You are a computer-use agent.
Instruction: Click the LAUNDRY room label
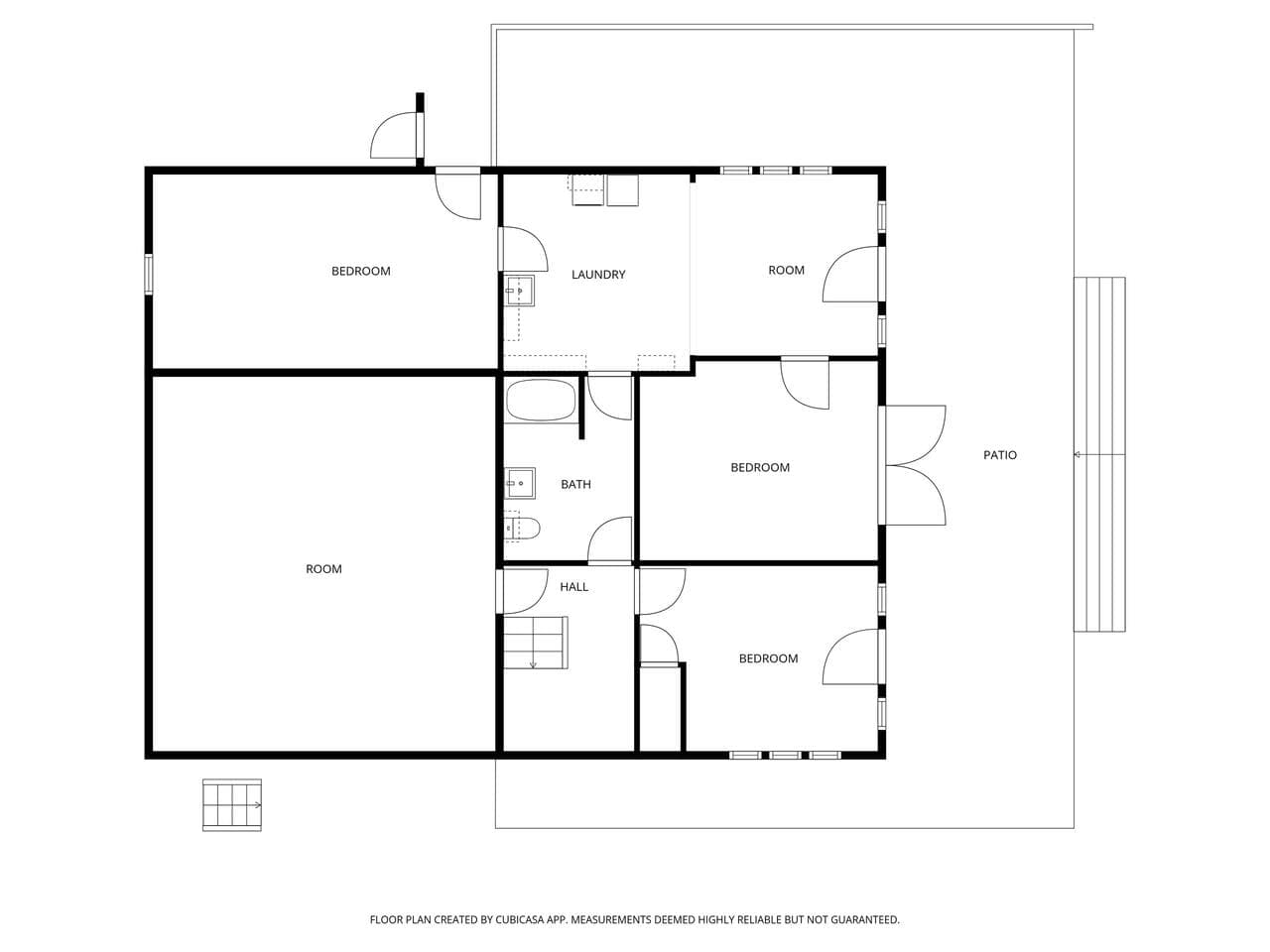coord(598,275)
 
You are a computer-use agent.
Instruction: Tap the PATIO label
coord(1000,455)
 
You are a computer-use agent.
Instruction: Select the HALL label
coord(573,587)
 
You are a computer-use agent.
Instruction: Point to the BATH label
coord(575,484)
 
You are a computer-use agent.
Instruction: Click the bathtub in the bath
coord(541,400)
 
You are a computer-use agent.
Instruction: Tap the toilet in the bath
coord(523,528)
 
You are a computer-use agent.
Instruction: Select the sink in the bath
coord(520,483)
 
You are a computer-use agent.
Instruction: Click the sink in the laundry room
coord(520,291)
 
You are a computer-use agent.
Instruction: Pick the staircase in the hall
coord(535,643)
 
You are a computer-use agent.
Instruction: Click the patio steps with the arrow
coord(1099,454)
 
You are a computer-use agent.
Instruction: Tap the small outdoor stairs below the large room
coord(232,804)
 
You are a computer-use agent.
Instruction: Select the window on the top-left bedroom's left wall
coord(149,275)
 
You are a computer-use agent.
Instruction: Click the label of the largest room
coord(323,569)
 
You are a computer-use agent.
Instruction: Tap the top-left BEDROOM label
coord(360,271)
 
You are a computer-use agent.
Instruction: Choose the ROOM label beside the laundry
coord(786,270)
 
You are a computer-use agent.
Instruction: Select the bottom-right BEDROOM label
coord(768,658)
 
